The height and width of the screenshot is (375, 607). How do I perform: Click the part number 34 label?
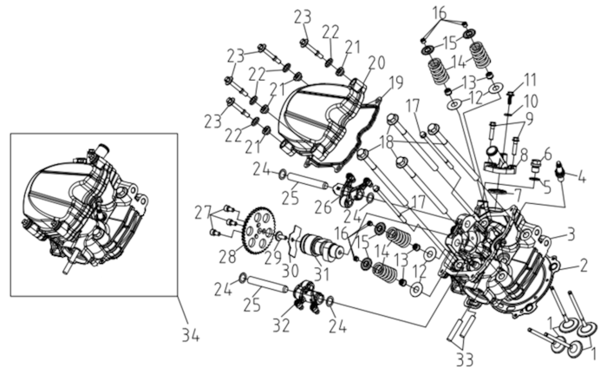tap(191, 335)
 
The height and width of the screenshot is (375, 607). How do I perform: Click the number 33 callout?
tap(465, 359)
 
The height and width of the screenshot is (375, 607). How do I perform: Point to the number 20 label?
tap(376, 62)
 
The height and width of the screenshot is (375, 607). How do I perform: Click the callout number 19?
tap(395, 82)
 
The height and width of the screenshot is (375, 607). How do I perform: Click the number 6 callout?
tap(548, 155)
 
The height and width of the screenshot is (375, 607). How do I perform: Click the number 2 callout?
tap(583, 266)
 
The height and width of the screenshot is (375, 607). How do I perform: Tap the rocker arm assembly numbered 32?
tap(307, 294)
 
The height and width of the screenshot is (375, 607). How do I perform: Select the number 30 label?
tap(290, 271)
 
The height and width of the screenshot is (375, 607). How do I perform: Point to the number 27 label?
tap(205, 212)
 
